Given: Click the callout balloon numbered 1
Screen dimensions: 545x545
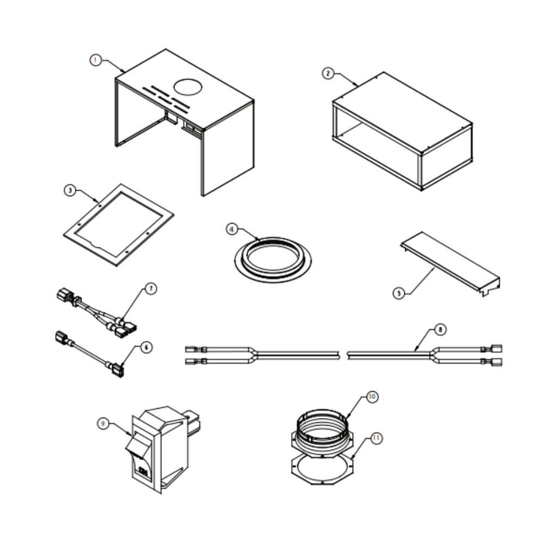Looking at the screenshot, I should [96, 60].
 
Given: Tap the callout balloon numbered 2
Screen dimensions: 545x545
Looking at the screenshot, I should [328, 74].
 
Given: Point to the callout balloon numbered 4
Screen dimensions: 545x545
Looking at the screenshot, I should [232, 229].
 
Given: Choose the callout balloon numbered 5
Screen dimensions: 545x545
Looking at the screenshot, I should [399, 293].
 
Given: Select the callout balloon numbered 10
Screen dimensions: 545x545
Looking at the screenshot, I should [372, 397].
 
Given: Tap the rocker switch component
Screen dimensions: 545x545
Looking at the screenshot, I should [160, 447].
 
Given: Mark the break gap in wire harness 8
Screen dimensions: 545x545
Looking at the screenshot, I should [343, 355].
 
